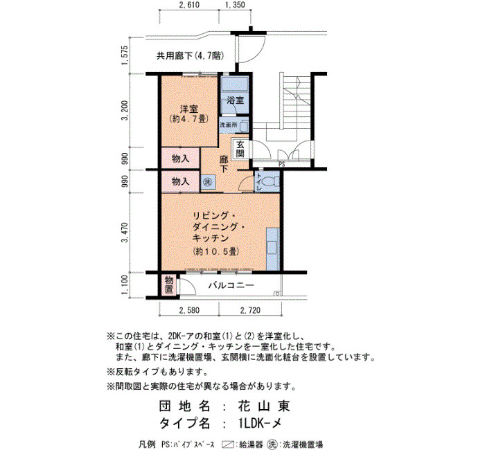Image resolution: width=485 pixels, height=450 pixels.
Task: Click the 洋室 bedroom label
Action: [x=189, y=109]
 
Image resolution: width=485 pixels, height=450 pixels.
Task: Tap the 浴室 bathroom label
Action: [x=236, y=100]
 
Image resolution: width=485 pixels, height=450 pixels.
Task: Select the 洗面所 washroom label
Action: [x=228, y=125]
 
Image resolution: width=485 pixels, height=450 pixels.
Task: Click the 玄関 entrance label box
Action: [x=240, y=149]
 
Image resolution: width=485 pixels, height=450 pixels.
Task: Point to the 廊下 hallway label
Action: [x=224, y=165]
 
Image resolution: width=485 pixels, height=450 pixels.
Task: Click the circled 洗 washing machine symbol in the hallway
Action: [x=208, y=182]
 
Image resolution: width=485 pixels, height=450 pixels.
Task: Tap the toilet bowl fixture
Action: [x=272, y=181]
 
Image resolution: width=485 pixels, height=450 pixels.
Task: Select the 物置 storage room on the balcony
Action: [x=169, y=285]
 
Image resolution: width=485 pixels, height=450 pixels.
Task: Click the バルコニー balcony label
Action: [x=231, y=285]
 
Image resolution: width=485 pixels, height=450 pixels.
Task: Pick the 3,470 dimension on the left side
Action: [x=125, y=233]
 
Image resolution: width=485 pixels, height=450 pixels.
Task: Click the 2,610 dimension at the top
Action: [x=189, y=5]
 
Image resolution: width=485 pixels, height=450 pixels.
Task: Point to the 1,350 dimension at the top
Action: [x=234, y=5]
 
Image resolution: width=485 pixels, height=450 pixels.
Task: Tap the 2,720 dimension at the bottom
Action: [x=250, y=309]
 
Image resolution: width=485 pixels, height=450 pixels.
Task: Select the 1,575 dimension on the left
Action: [x=125, y=55]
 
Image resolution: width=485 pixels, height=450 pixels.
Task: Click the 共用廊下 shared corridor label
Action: [x=190, y=56]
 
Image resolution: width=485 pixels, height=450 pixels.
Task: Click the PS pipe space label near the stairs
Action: [x=281, y=165]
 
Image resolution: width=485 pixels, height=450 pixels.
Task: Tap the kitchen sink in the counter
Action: [x=272, y=246]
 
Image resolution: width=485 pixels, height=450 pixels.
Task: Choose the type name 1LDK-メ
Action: [x=260, y=423]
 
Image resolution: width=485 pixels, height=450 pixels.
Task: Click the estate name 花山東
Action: [x=264, y=406]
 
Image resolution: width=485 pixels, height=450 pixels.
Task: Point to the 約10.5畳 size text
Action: [x=215, y=251]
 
